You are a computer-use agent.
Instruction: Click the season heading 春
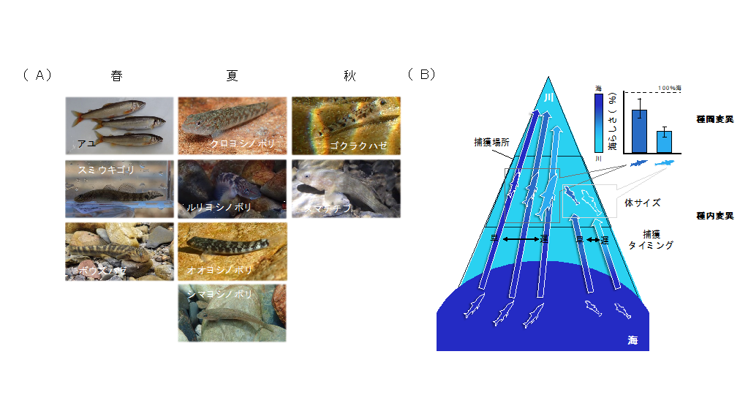(117, 75)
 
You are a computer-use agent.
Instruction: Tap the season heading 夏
(232, 75)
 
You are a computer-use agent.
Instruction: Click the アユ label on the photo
(86, 144)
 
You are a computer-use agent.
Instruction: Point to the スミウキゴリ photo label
(107, 170)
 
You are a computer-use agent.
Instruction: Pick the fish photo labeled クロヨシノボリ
(232, 126)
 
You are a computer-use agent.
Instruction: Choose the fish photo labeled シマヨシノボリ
(232, 313)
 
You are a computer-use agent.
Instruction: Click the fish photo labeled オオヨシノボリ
(232, 251)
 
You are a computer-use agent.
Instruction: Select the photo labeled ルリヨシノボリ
(232, 189)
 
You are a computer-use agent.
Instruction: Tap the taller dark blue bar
(640, 131)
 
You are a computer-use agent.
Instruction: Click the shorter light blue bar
(664, 141)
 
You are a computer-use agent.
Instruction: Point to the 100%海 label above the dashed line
(670, 88)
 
